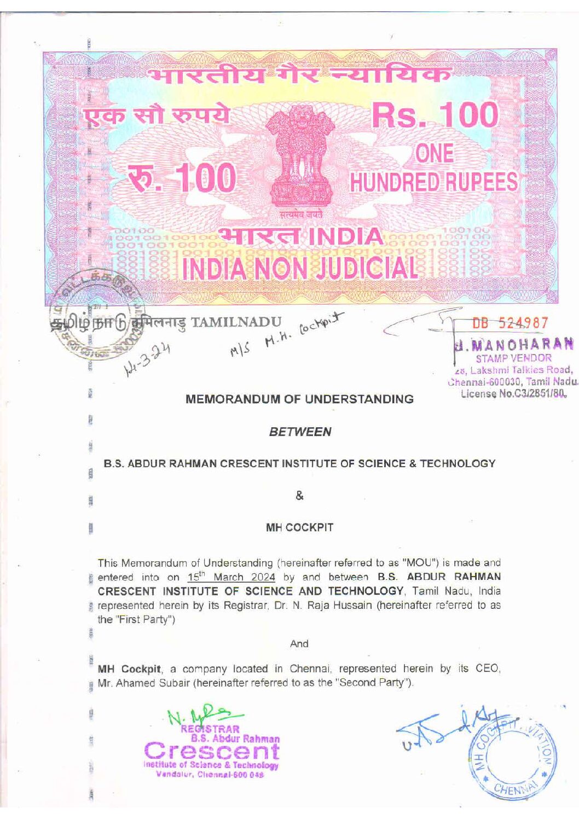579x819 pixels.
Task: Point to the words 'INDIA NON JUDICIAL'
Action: click(x=299, y=268)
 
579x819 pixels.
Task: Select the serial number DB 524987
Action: click(x=509, y=323)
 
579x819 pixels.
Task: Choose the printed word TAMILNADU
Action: click(x=236, y=322)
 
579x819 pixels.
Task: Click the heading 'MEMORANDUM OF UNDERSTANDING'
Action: click(x=299, y=399)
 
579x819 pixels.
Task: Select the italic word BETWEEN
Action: click(x=300, y=432)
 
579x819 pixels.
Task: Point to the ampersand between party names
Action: click(x=299, y=496)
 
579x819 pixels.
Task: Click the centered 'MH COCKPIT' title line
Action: click(x=299, y=527)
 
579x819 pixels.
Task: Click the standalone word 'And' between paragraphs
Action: click(x=299, y=643)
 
